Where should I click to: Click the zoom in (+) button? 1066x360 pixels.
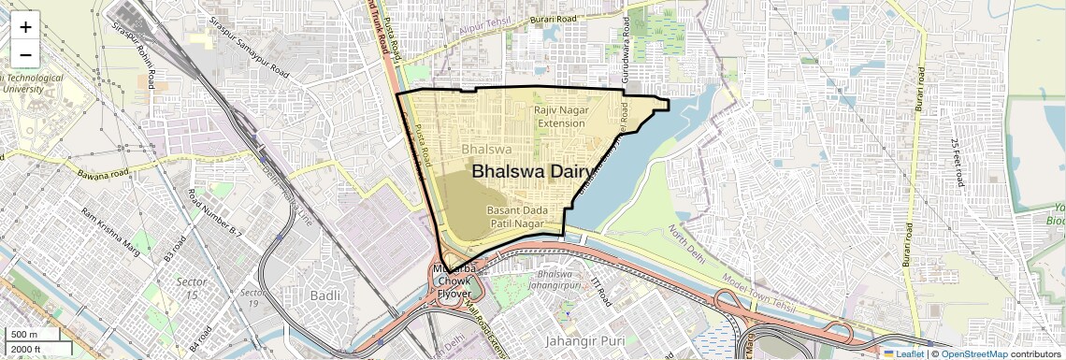(25, 27)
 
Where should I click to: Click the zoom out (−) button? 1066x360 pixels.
(25, 54)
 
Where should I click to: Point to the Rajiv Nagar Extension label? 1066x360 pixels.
(560, 117)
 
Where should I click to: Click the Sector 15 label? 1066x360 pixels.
(190, 288)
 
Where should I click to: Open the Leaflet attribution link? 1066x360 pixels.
(903, 353)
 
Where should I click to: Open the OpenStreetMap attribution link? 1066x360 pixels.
(973, 353)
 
